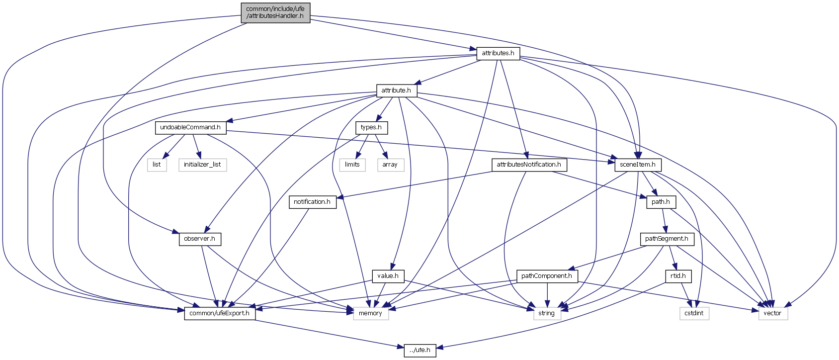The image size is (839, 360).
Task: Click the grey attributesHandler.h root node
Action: (275, 12)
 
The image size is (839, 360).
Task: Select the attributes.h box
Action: (498, 53)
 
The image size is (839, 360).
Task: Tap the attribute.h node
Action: (396, 90)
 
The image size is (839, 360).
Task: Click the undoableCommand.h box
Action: (190, 127)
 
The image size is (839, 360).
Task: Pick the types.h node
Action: (371, 127)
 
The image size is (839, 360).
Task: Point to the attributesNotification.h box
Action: (529, 165)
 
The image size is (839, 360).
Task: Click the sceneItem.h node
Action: (638, 165)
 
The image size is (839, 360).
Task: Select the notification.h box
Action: (312, 202)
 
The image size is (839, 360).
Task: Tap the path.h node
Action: (661, 202)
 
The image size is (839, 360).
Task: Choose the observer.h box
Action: (199, 239)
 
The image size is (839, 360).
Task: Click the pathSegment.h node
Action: (667, 239)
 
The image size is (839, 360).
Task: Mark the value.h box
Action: (388, 276)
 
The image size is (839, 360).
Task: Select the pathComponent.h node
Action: (547, 276)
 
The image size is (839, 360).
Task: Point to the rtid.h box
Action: (678, 276)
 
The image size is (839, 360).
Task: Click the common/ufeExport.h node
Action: (220, 313)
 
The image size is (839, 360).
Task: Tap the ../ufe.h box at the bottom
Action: (420, 350)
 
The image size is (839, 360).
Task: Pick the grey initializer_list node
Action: (202, 165)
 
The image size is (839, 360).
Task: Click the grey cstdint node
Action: (694, 313)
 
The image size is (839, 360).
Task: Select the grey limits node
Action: (352, 165)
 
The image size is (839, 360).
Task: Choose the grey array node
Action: (390, 165)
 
